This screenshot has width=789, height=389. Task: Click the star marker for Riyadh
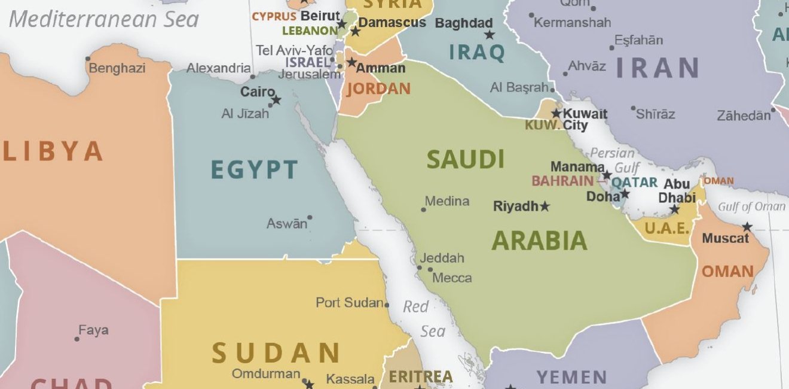[545, 206]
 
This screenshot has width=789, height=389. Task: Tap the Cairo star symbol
[276, 101]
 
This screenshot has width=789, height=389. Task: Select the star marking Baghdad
[490, 35]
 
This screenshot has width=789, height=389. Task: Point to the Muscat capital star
[747, 227]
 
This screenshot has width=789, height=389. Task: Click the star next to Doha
[625, 194]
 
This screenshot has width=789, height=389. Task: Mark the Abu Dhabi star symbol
[674, 209]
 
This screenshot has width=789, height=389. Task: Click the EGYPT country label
[254, 170]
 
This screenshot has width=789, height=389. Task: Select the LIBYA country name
[53, 151]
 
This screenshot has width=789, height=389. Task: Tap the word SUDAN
[276, 353]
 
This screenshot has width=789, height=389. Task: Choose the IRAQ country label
[477, 53]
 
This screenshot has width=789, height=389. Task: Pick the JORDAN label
[378, 89]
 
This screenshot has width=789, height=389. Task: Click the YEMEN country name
[572, 378]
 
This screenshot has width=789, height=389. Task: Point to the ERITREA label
[421, 377]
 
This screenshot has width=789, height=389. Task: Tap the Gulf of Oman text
[751, 207]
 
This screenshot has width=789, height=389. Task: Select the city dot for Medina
[423, 209]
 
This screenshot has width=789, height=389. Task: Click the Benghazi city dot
[88, 59]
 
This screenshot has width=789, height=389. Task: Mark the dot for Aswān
[310, 218]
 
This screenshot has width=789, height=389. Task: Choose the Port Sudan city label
[350, 303]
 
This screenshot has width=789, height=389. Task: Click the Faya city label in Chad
[93, 330]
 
